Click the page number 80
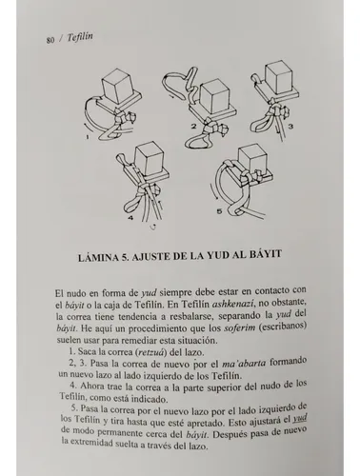coord(50,40)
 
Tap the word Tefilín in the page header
coord(80,37)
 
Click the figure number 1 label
coord(88,138)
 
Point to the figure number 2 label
coord(193,127)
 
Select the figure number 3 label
coord(290,127)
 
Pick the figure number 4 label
coord(131,218)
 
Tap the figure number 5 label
coord(219,211)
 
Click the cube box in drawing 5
coord(250,161)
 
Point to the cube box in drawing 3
coord(278,78)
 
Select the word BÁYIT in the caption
coord(266,254)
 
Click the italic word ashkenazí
coord(234,304)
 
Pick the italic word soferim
coord(240,327)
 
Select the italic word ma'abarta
coord(244,364)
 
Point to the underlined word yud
coord(299,419)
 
